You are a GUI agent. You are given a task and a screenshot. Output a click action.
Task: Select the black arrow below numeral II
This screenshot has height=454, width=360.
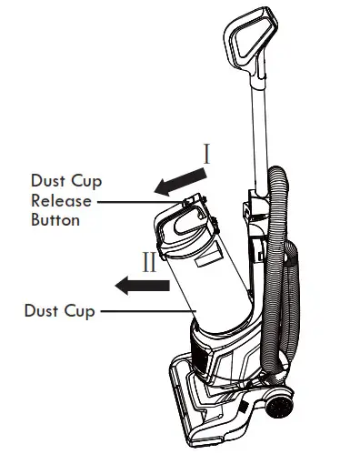[x=142, y=287]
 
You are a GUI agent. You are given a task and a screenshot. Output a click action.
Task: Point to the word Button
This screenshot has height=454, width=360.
[x=55, y=219]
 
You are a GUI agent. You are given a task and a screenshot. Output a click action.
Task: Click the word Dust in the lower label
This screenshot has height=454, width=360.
[x=42, y=310]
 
